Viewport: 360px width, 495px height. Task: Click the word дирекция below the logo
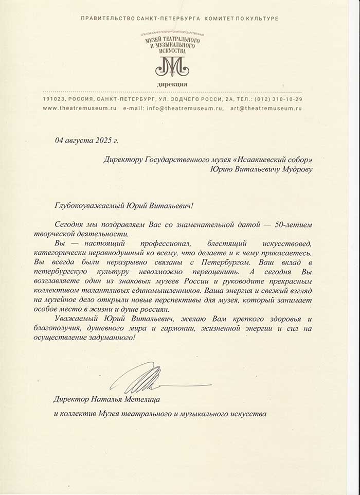click(x=172, y=83)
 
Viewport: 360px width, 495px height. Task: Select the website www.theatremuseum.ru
click(x=80, y=109)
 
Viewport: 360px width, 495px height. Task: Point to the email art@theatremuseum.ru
click(x=266, y=109)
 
